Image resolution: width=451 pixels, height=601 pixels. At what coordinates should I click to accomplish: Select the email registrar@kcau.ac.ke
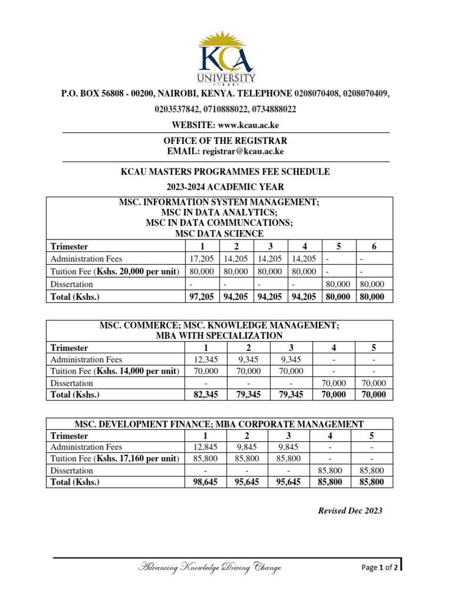coord(243,151)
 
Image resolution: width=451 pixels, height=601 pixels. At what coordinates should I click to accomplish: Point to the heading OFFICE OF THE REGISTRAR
coord(225,141)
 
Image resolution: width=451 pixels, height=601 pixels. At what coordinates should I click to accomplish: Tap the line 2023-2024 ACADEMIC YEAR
coord(225,187)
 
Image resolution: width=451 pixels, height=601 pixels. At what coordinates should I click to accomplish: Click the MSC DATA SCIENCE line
coord(220,234)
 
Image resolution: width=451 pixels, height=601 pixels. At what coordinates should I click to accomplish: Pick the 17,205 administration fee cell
coord(201,259)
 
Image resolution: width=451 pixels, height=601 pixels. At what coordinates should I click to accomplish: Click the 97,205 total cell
coord(201,296)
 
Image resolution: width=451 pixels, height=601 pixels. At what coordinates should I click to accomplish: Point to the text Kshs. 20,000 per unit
coord(137,272)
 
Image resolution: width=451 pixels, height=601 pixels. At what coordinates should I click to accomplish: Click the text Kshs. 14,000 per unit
coord(137,371)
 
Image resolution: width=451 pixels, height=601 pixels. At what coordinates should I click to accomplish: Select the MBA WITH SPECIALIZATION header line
coord(219,336)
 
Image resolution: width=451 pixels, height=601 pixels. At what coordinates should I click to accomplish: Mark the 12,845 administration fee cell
coord(205,447)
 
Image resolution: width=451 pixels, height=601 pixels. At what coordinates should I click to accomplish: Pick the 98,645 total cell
coord(205,482)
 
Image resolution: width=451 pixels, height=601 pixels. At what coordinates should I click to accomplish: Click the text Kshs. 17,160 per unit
coord(137,458)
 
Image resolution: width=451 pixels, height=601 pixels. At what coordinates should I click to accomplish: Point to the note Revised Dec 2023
coord(350,511)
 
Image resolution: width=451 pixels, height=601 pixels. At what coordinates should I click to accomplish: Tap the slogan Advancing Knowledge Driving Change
coord(209,567)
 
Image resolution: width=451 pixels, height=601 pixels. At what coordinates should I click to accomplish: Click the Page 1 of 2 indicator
coord(380,568)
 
